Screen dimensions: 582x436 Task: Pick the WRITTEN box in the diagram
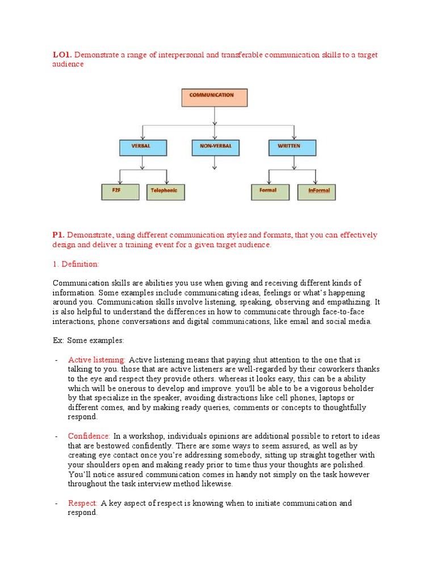(x=292, y=147)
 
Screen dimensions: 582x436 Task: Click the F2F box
(x=120, y=192)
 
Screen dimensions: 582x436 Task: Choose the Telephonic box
(x=166, y=192)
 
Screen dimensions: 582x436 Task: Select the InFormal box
(x=317, y=192)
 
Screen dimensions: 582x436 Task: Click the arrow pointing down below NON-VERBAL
(x=215, y=163)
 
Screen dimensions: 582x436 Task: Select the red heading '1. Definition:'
(x=76, y=264)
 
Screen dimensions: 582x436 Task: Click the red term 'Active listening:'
(x=97, y=360)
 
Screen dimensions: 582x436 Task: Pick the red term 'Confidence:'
(x=89, y=436)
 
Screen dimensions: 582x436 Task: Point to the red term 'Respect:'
(x=83, y=503)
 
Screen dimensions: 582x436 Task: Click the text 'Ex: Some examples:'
(x=88, y=340)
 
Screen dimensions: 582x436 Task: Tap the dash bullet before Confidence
(x=56, y=436)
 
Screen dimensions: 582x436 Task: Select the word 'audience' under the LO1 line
(x=68, y=64)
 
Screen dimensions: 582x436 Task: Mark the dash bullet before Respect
(x=56, y=503)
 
